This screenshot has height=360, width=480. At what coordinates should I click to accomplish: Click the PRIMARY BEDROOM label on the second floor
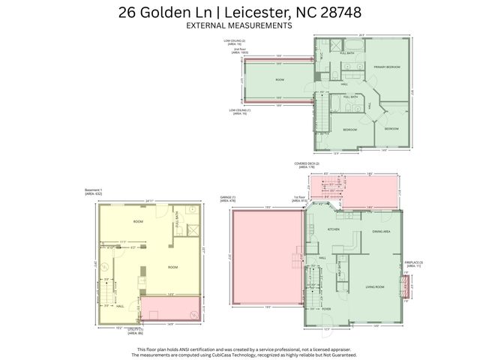387,67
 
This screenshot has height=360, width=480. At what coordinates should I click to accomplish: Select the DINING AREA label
381,232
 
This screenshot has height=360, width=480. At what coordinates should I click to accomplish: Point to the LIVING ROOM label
375,286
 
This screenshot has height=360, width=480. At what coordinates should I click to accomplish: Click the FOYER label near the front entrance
326,307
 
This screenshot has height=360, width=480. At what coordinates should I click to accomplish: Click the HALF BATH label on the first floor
340,265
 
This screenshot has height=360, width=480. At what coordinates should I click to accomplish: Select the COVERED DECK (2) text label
307,165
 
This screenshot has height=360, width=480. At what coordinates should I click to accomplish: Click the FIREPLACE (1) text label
415,263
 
